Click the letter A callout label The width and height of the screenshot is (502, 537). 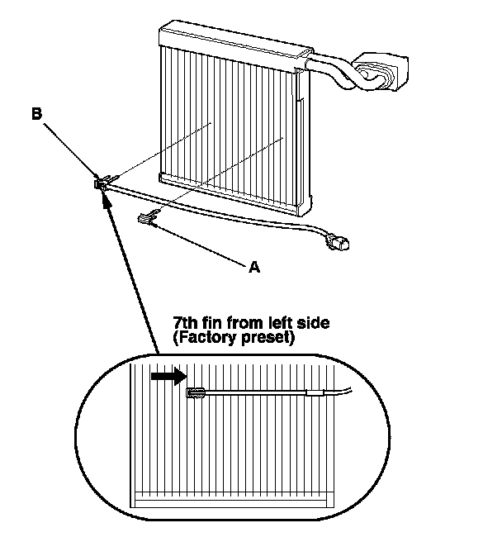[x=254, y=266]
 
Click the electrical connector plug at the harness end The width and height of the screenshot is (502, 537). [x=339, y=243]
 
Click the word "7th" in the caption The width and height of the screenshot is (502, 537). [x=187, y=323]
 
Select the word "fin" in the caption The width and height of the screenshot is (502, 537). [x=215, y=323]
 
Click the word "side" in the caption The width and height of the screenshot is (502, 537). [x=311, y=323]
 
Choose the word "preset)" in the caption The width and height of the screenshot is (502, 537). [x=266, y=338]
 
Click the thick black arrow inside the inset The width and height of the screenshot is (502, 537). [x=168, y=376]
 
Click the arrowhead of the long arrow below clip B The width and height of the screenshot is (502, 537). [x=105, y=197]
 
